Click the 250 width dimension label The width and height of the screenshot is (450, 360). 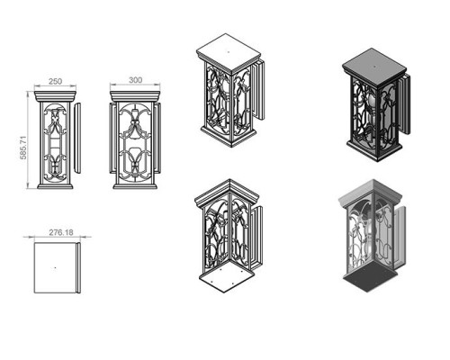click(55, 81)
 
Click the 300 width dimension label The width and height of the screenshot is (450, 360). click(135, 80)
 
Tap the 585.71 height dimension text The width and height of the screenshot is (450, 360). click(23, 148)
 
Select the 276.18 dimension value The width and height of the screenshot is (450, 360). click(61, 232)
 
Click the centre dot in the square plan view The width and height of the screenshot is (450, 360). click(55, 267)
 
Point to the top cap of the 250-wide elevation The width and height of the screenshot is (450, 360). click(55, 96)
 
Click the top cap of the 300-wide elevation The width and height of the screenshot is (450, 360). click(135, 96)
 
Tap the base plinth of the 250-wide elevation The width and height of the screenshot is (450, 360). click(55, 186)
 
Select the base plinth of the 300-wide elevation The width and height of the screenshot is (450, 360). click(135, 186)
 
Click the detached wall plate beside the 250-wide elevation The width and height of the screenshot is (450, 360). click(77, 138)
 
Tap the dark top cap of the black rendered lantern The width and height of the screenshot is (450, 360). click(374, 64)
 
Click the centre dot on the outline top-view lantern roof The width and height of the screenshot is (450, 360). click(229, 52)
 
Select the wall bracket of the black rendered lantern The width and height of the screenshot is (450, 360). click(404, 105)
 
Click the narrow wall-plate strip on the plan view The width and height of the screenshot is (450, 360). click(78, 267)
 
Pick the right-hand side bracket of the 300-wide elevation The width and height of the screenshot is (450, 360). click(158, 138)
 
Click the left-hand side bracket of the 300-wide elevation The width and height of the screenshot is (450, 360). click(112, 138)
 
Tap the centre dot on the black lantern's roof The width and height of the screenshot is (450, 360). click(374, 67)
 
